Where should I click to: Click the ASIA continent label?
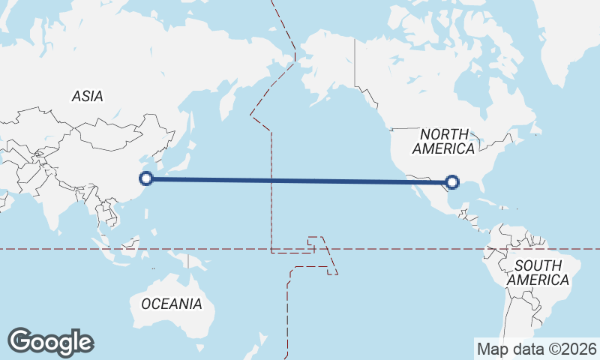[88, 96]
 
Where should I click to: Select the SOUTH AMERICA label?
[538, 272]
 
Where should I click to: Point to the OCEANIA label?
[172, 304]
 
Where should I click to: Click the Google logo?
[50, 342]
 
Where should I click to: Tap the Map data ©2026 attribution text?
[537, 349]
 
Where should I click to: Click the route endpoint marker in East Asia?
[147, 178]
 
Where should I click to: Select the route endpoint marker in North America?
[452, 181]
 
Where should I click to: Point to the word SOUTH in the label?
[538, 265]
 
